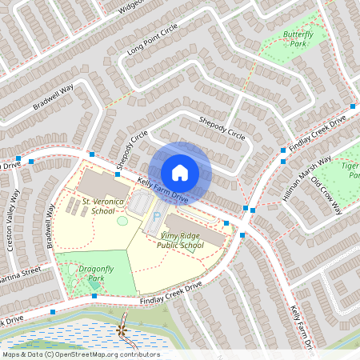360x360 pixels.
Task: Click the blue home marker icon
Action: [x=179, y=173]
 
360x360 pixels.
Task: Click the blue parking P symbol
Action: [x=155, y=216]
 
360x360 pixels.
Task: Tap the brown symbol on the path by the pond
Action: [x=122, y=329]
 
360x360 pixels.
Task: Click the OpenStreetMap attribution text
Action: [x=80, y=354]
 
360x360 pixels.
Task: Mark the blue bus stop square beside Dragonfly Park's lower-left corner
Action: [x=52, y=311]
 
